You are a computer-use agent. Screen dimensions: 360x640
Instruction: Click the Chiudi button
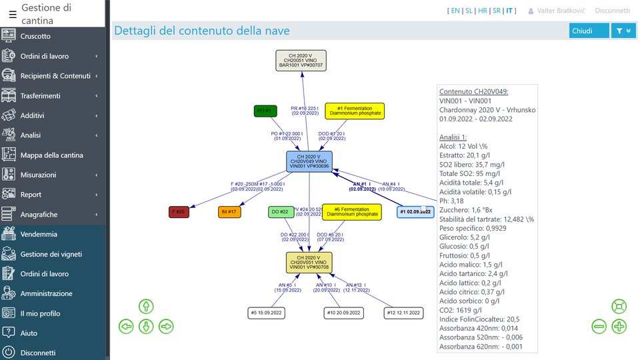point(589,31)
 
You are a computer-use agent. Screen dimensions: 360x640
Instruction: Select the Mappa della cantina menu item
point(52,155)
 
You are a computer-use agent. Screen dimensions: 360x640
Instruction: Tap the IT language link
point(509,11)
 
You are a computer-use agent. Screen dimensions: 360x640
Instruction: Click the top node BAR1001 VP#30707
point(301,61)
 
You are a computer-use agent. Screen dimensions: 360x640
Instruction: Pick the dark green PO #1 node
point(265,111)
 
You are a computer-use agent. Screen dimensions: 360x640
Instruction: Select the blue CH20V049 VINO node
point(309,162)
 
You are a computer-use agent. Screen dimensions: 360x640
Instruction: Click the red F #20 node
point(179,212)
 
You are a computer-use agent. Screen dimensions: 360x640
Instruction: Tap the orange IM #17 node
point(229,212)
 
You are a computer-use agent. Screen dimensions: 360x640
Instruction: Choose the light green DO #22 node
point(281,212)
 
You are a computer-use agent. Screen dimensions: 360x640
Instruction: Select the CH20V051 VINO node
point(309,263)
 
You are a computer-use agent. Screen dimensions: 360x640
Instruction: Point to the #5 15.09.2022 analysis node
point(266,313)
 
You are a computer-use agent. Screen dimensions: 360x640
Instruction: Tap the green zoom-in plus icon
point(619,327)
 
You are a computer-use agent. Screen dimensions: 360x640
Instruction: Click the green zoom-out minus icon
point(599,327)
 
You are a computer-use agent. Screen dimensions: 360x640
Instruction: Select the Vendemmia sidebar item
point(39,234)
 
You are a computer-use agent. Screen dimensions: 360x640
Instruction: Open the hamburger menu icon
point(13,13)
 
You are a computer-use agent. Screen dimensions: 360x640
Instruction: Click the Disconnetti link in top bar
point(612,11)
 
